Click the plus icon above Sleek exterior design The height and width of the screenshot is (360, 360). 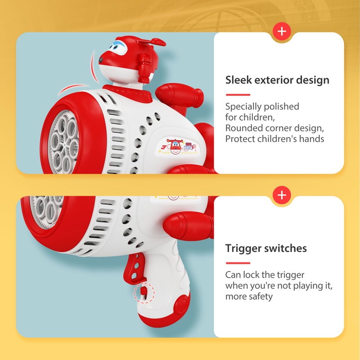click(x=282, y=31)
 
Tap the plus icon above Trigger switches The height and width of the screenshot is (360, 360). click(x=282, y=195)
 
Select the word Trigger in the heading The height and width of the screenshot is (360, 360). click(x=243, y=248)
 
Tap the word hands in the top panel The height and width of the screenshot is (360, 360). click(x=310, y=139)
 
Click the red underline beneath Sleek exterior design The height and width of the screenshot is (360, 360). click(x=237, y=95)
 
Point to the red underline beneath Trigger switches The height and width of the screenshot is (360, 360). click(x=237, y=263)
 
